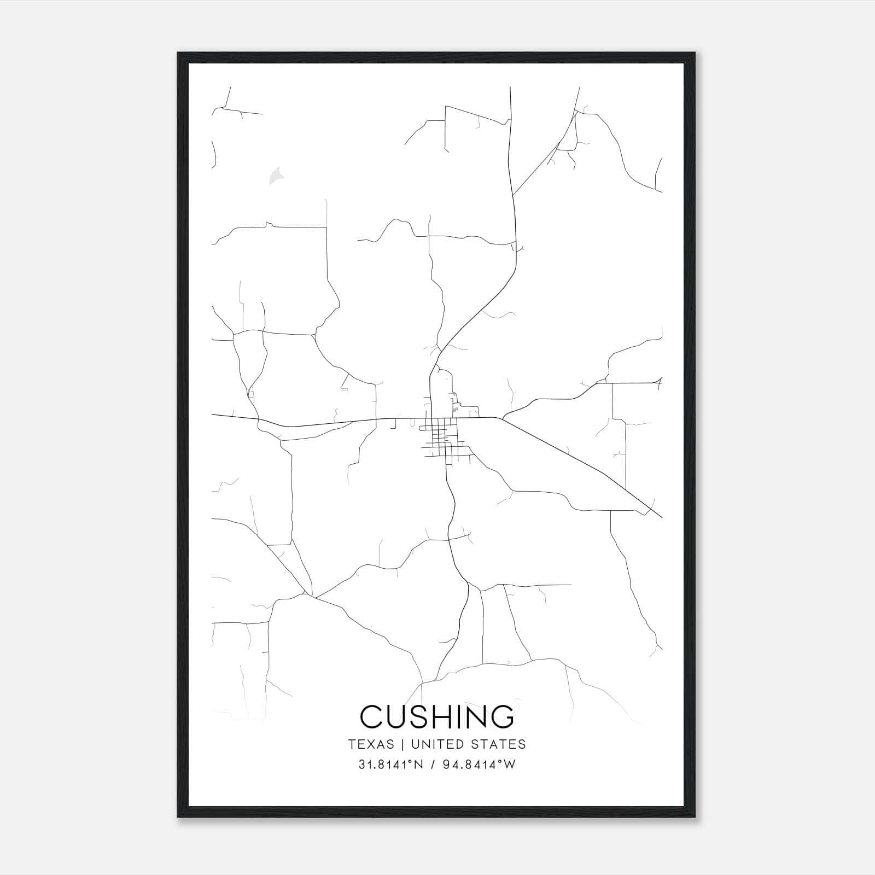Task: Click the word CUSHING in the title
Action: (437, 717)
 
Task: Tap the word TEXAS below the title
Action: (371, 744)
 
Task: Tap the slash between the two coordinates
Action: (433, 765)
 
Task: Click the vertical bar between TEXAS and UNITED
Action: (402, 744)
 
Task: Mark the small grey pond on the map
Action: (276, 175)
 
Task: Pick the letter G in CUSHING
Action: (501, 717)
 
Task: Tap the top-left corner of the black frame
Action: (179, 54)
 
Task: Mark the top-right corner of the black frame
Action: (695, 54)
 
